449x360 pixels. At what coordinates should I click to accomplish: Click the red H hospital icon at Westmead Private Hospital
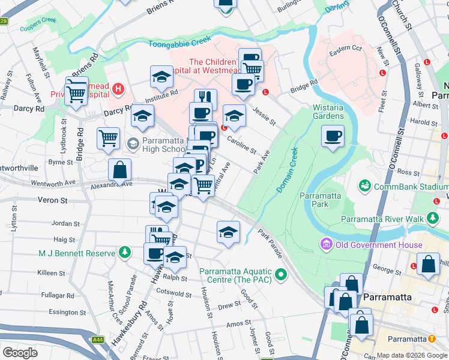coord(118,90)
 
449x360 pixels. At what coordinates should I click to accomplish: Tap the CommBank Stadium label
coord(408,187)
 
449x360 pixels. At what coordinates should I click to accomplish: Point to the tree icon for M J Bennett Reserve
coord(124,253)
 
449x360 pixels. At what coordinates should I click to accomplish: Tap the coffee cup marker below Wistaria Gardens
coord(333,136)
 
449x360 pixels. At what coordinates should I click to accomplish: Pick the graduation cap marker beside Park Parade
coord(228,232)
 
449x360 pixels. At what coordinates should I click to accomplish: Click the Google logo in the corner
coord(20,352)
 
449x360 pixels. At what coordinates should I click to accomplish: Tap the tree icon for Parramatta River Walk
coord(432,218)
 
